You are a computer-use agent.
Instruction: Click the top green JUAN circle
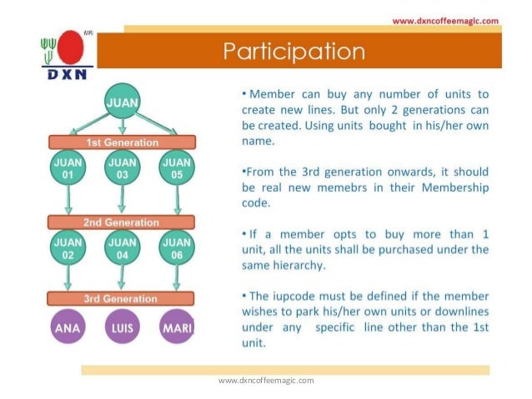click(x=122, y=102)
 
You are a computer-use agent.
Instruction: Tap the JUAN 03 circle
click(x=122, y=169)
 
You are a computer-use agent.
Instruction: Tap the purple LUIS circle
click(x=122, y=327)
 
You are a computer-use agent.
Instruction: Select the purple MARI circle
click(x=177, y=327)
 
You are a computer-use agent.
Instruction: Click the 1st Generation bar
click(x=122, y=142)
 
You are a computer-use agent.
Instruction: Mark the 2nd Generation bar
click(x=122, y=222)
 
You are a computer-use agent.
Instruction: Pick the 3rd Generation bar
click(x=122, y=298)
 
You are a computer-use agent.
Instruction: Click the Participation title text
click(x=294, y=52)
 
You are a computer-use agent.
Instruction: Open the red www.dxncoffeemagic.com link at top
click(x=444, y=21)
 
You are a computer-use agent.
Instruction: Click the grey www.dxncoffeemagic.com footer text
click(x=266, y=381)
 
